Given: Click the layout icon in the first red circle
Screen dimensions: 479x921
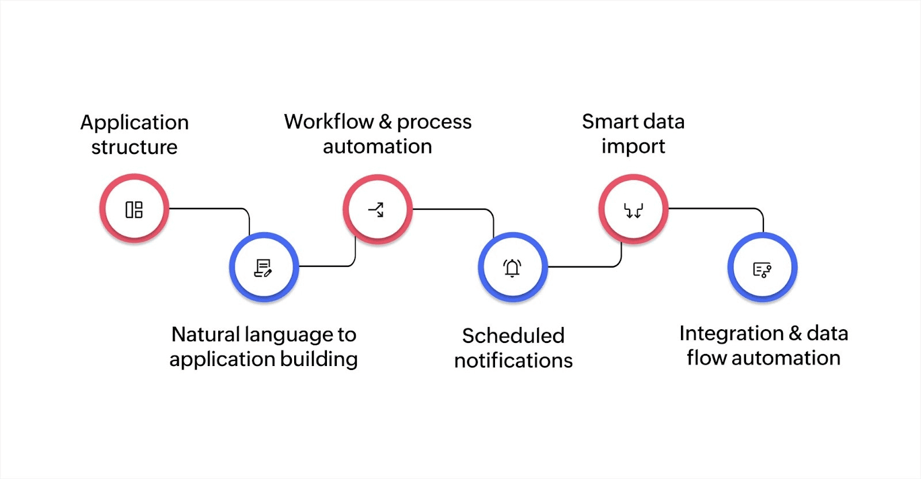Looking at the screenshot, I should click(x=134, y=209).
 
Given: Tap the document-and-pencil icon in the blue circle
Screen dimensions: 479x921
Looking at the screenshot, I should click(x=263, y=268).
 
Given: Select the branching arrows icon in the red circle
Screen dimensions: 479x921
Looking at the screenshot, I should click(x=376, y=209).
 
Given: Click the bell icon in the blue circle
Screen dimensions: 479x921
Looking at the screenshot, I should click(x=512, y=268).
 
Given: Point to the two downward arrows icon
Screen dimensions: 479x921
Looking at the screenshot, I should click(x=633, y=211).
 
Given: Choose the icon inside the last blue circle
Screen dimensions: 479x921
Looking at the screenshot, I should click(x=762, y=269).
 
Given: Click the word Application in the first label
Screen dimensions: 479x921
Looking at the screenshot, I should click(x=134, y=123).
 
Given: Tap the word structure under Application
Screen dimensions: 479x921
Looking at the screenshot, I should click(x=134, y=147).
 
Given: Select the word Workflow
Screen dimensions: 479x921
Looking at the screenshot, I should click(x=329, y=122).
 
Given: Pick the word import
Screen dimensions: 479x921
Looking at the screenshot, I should click(x=633, y=147).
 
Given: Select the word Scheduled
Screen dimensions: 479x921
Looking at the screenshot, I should click(x=513, y=335).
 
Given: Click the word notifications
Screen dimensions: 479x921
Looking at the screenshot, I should click(x=513, y=360).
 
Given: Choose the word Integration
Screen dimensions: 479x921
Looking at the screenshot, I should click(x=731, y=333).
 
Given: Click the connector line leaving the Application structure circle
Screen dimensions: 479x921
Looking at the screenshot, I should click(x=207, y=209).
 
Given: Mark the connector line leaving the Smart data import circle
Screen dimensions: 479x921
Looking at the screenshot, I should click(x=714, y=209).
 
